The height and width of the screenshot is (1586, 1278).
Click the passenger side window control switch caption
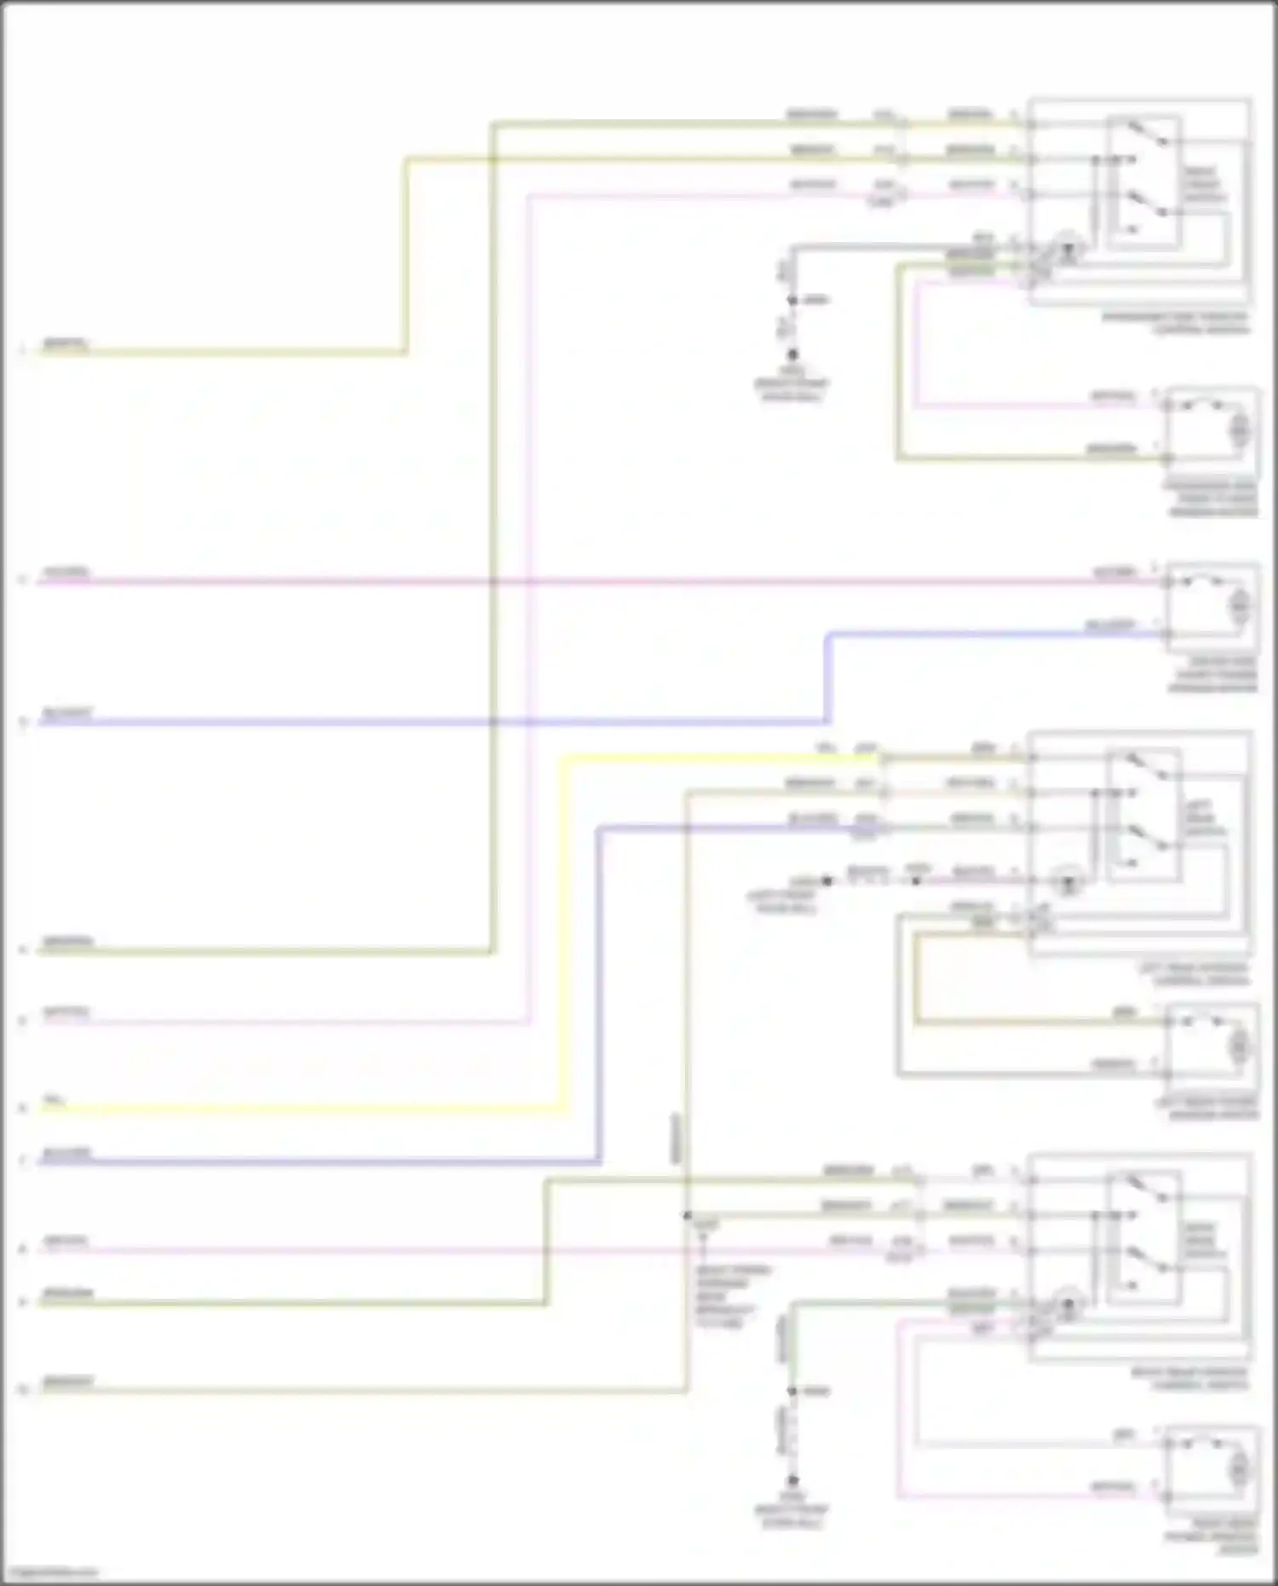coord(1175,323)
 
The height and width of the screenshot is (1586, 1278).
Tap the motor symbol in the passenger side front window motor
coord(1238,428)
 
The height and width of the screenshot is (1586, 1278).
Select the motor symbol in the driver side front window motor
coord(1238,605)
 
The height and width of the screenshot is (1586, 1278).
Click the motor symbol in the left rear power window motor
coord(1238,1045)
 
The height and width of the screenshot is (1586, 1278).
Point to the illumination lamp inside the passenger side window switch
coord(1067,249)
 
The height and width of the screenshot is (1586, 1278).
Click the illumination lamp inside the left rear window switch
coord(1067,881)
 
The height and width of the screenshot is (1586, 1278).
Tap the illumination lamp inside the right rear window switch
coord(1067,1305)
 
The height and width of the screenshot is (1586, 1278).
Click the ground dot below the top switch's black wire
coord(792,355)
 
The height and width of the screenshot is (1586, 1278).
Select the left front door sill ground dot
coord(826,880)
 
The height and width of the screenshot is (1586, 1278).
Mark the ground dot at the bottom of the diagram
coord(792,1481)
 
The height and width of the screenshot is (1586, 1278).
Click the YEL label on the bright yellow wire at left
coord(54,1101)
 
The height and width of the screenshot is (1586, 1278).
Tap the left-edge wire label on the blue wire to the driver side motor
coord(66,713)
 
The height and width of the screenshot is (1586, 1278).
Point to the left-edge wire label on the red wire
coord(66,572)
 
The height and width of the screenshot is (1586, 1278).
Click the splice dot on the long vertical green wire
coord(687,1215)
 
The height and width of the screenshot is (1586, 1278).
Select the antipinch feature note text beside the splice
coord(732,1295)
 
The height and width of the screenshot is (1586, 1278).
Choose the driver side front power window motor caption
coord(1212,674)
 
